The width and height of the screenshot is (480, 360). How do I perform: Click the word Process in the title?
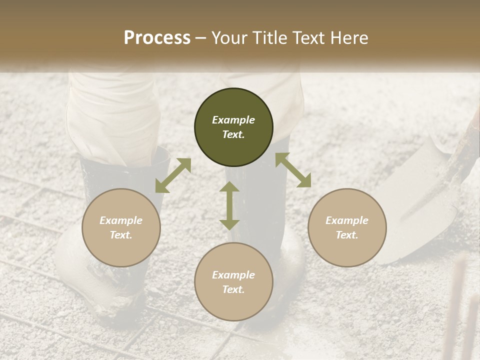click(x=157, y=38)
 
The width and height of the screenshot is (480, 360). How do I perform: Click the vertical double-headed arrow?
click(x=229, y=205)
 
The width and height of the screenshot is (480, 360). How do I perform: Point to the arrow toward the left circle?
click(x=173, y=175)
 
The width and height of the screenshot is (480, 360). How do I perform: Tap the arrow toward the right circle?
click(x=293, y=170)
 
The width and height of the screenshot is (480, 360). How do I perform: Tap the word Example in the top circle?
click(x=233, y=120)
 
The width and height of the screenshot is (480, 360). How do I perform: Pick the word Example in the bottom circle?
click(x=233, y=275)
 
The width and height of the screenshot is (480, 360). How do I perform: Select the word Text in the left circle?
click(x=121, y=235)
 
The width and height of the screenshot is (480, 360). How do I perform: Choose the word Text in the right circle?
click(x=347, y=235)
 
